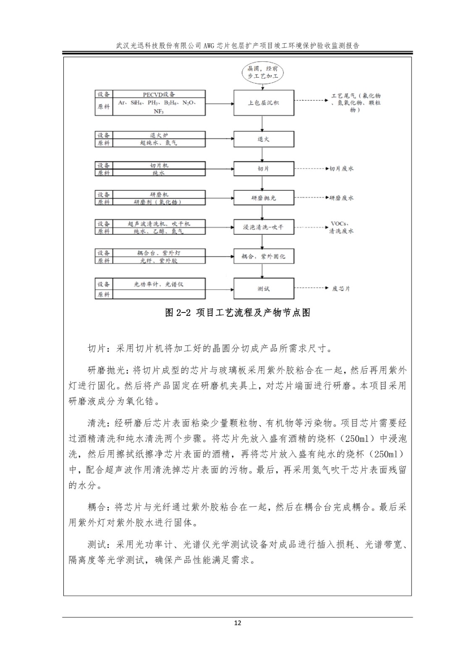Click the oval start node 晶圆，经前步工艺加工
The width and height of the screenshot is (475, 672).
pyautogui.click(x=263, y=72)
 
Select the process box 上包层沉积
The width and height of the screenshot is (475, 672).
pyautogui.click(x=263, y=103)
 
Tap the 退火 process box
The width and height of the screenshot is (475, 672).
pyautogui.click(x=263, y=139)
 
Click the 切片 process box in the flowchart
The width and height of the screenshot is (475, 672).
pyautogui.click(x=263, y=168)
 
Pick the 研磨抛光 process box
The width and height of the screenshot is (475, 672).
pyautogui.click(x=263, y=197)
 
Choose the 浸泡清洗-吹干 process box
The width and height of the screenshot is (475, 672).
pyautogui.click(x=263, y=227)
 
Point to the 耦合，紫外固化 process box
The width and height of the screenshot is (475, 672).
pyautogui.click(x=263, y=256)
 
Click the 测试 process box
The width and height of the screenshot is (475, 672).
pyautogui.click(x=263, y=289)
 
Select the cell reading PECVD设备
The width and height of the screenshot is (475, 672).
pyautogui.click(x=159, y=94)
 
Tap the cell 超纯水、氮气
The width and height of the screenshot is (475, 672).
pyautogui.click(x=159, y=143)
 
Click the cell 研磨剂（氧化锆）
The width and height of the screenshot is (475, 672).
pyautogui.click(x=159, y=202)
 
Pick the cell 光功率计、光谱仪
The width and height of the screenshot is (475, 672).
pyautogui.click(x=159, y=284)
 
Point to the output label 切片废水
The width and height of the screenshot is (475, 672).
pyautogui.click(x=341, y=168)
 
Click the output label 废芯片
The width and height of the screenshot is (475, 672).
pyautogui.click(x=341, y=289)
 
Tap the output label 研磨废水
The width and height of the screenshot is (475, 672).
pyautogui.click(x=341, y=197)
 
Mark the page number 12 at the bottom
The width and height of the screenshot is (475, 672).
pyautogui.click(x=238, y=623)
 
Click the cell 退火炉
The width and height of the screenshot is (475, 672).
pyautogui.click(x=159, y=135)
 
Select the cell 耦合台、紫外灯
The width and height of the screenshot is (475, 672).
pyautogui.click(x=159, y=253)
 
